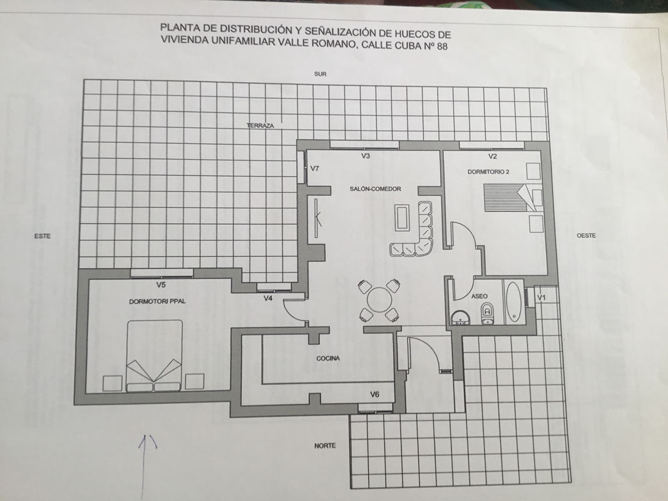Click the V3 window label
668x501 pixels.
[x=366, y=156]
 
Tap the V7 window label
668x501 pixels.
[x=315, y=168]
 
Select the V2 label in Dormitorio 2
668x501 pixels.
[x=493, y=157]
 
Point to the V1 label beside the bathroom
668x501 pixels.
[x=541, y=297]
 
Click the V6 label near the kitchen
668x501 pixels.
[x=374, y=395]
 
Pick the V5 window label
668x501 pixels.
[x=161, y=284]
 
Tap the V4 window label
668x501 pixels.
[x=267, y=298]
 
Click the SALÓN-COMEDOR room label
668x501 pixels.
[x=376, y=189]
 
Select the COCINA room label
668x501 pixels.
[x=328, y=358]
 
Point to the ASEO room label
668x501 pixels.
[x=480, y=296]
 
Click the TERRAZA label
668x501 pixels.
[x=260, y=126]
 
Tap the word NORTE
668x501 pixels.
[x=325, y=446]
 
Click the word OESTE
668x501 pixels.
[x=586, y=235]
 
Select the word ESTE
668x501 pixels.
[x=43, y=235]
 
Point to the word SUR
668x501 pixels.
[x=321, y=74]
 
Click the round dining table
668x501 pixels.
[x=379, y=300]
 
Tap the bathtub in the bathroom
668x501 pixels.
[x=513, y=302]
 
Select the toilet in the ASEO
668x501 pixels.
[x=487, y=316]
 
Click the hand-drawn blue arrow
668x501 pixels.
[x=145, y=467]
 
